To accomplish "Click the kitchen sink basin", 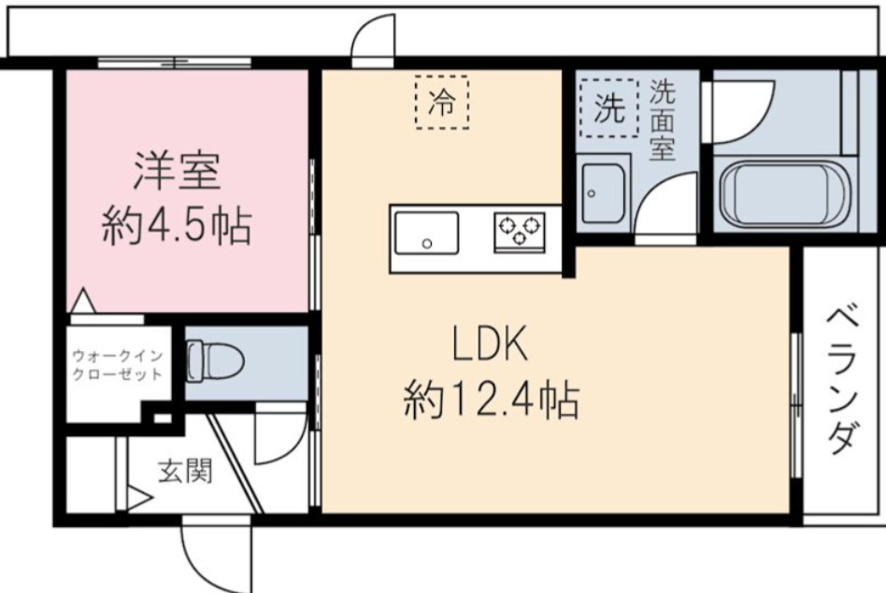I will pyautogui.click(x=426, y=233).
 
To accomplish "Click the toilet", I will pyautogui.click(x=213, y=360).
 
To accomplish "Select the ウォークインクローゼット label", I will pyautogui.click(x=118, y=364).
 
